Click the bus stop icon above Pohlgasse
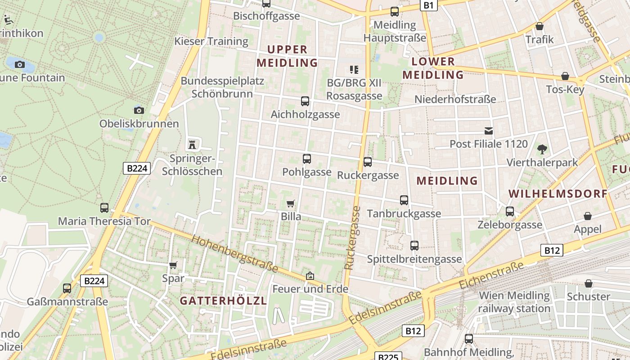(x=307, y=158)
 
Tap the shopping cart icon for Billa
(x=291, y=203)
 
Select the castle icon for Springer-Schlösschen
(x=192, y=144)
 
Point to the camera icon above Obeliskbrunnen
(x=139, y=110)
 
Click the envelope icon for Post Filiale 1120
(x=488, y=131)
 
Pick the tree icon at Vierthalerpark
(x=542, y=149)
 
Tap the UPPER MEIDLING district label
(x=288, y=56)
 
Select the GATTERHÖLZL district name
(x=224, y=301)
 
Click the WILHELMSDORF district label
(x=558, y=194)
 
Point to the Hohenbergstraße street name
(x=234, y=253)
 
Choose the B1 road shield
(x=428, y=5)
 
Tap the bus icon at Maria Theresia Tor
(x=104, y=207)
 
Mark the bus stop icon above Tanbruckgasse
(x=404, y=200)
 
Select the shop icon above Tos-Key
(x=565, y=76)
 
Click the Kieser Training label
(x=211, y=41)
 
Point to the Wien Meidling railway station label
(x=514, y=302)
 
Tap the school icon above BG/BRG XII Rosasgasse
(x=354, y=70)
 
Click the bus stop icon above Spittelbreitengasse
(x=414, y=246)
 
